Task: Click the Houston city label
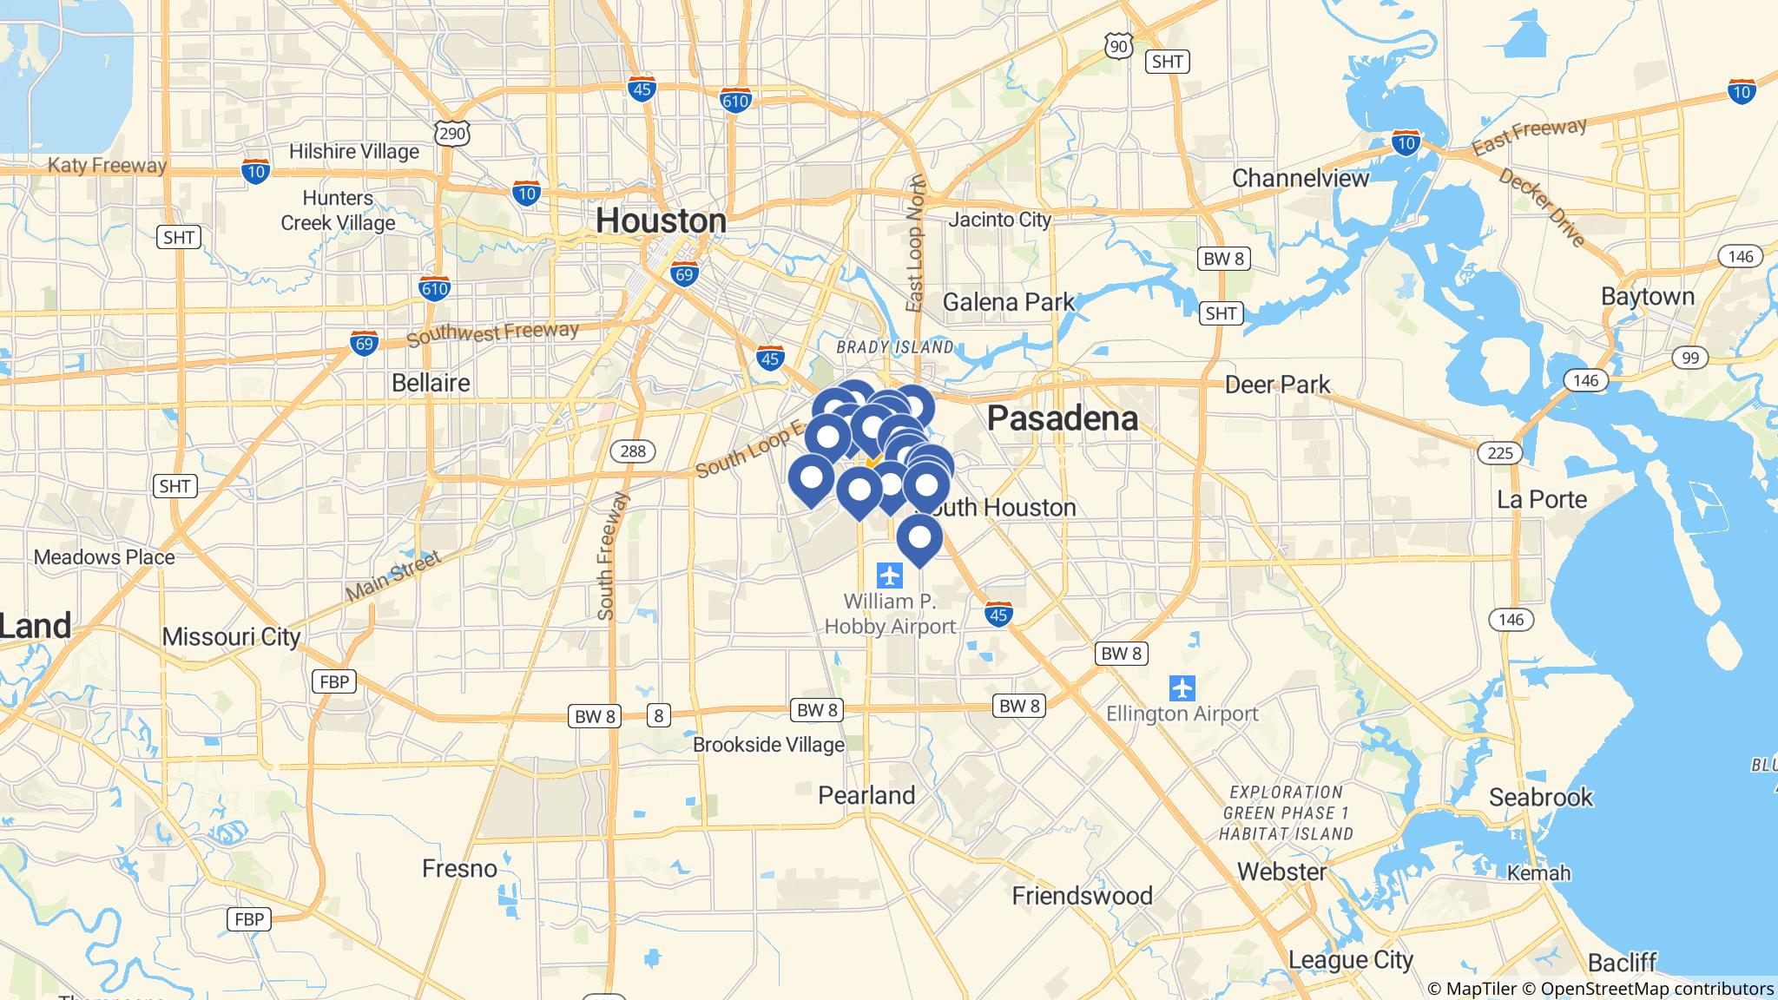coord(661,221)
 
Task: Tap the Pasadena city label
coord(1063,418)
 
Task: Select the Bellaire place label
coord(431,383)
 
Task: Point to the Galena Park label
coord(1009,302)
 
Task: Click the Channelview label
coord(1301,178)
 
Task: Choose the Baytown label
coord(1648,296)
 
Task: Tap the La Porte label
coord(1542,499)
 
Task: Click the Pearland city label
coord(866,795)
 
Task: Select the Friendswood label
coord(1082,896)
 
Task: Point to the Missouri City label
coord(231,636)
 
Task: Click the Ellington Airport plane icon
coord(1182,688)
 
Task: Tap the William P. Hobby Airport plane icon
coord(889,575)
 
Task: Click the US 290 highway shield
coord(452,133)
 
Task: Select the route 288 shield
coord(633,451)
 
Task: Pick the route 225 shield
coord(1499,452)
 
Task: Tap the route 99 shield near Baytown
coord(1689,358)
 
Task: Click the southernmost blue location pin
coord(919,538)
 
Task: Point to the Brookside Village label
coord(768,745)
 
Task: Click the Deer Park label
coord(1277,385)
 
